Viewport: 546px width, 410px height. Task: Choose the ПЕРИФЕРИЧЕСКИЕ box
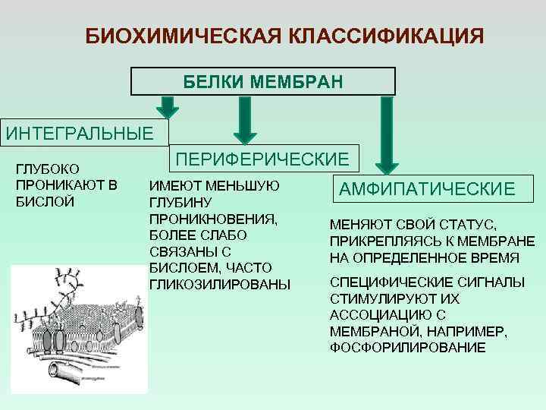pyautogui.click(x=262, y=159)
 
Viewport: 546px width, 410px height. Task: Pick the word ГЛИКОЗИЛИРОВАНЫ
pyautogui.click(x=220, y=285)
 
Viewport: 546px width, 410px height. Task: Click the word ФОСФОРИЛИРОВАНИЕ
pyautogui.click(x=407, y=347)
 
